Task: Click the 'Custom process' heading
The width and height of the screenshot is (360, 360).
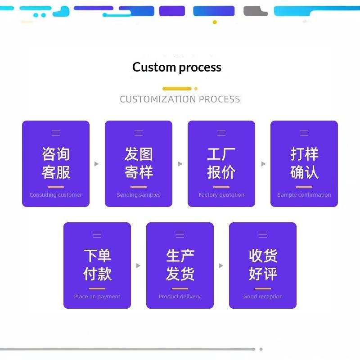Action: point(177,67)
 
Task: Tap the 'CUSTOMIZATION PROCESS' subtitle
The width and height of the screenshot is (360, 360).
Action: point(180,99)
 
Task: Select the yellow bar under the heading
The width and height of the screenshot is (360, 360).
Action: point(177,89)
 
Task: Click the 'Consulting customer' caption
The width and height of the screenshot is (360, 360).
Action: point(55,195)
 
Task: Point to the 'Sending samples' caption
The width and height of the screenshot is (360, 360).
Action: point(139,195)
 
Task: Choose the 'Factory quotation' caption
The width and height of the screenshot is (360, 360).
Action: point(221,195)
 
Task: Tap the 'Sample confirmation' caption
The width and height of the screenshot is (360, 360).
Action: point(304,195)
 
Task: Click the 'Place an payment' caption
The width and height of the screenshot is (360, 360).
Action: point(97,297)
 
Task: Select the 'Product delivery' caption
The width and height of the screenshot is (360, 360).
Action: point(180,297)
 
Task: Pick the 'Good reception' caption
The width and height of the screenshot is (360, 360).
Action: point(263,297)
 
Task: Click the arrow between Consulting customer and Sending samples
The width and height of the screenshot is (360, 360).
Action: point(97,164)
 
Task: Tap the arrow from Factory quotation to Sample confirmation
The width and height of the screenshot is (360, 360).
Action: point(264,164)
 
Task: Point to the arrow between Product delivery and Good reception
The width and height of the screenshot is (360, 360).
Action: point(221,265)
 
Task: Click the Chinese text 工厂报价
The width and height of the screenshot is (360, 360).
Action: point(221,163)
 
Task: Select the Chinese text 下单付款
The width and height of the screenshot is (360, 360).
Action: point(97,265)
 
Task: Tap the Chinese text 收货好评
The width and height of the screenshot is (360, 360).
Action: point(263,265)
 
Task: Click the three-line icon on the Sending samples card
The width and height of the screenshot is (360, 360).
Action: point(139,133)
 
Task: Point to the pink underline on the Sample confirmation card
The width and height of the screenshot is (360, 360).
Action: point(304,187)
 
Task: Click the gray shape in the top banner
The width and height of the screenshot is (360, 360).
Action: point(255,11)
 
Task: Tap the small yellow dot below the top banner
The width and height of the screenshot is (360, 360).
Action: point(215,22)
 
